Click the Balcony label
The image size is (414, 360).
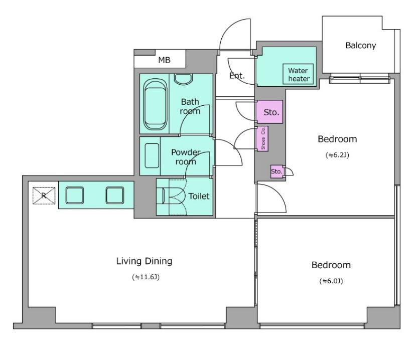360,46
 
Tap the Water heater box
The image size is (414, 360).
298,74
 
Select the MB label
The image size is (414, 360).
164,60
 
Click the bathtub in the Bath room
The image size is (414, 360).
155,104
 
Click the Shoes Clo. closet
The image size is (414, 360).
262,139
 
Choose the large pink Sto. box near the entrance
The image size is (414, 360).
269,112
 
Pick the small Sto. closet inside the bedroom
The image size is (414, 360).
277,171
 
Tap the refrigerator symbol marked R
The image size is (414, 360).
44,196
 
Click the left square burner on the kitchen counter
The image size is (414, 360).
74,196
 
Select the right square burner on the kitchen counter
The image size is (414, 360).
115,196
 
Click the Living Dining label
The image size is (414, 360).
145,261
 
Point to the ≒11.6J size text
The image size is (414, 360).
146,277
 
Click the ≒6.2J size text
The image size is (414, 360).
337,155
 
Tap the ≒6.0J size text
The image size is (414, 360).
331,281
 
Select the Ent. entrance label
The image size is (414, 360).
237,76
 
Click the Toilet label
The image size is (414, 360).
199,196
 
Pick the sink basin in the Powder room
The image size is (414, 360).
152,155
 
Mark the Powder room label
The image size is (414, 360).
186,157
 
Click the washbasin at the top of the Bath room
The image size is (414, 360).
184,79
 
